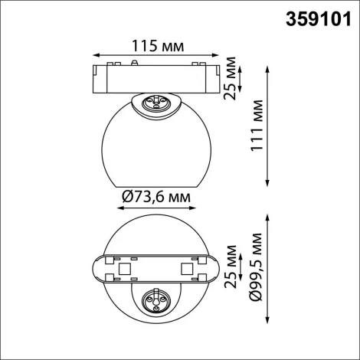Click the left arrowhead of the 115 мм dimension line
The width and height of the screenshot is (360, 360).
[x=94, y=55]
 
